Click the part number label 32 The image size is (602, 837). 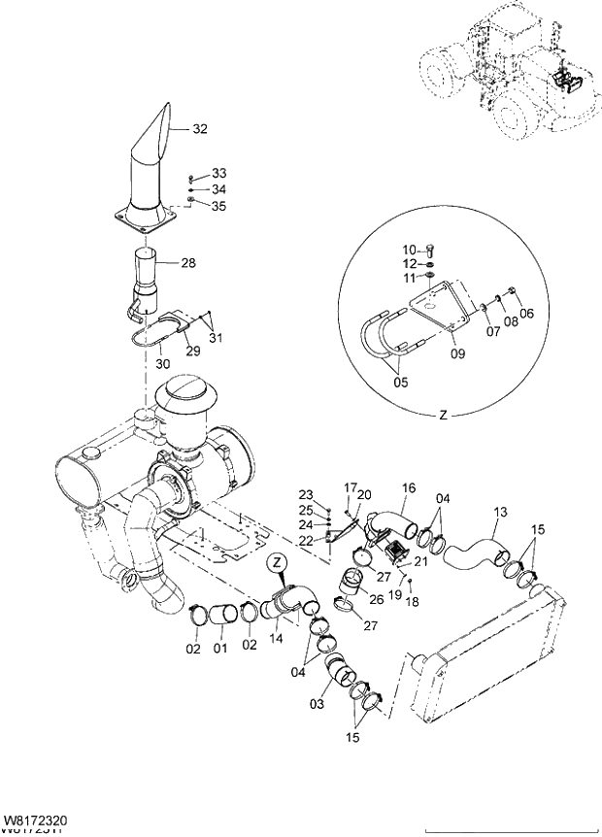[200, 128]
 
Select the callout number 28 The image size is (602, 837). [187, 263]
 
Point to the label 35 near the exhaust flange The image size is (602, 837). [218, 206]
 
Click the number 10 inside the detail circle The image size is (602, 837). [408, 250]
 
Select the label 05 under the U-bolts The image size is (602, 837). [400, 382]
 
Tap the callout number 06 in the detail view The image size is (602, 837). [526, 313]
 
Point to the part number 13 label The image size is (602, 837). [500, 513]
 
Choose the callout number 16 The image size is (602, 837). [408, 488]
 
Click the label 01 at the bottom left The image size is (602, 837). [220, 648]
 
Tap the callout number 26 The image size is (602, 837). [375, 599]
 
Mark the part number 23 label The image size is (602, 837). [305, 494]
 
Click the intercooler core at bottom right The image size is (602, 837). [481, 651]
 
